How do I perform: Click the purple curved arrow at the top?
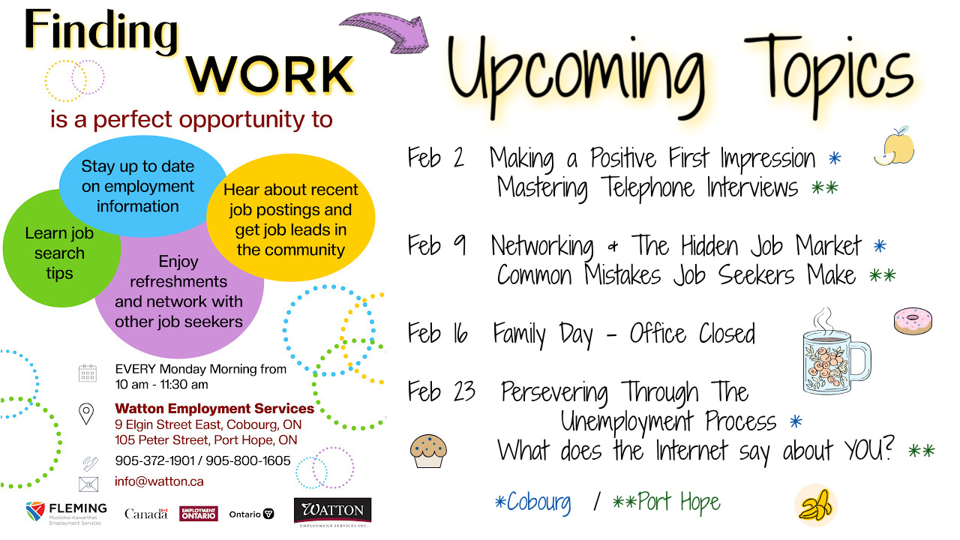[x=386, y=34]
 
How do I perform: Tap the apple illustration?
[x=895, y=146]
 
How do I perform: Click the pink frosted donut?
[x=913, y=322]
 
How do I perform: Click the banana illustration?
[x=815, y=503]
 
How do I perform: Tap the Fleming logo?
[x=67, y=513]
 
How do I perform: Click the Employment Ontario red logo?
[x=199, y=514]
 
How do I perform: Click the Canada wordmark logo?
[x=146, y=514]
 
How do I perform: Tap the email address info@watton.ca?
[x=159, y=481]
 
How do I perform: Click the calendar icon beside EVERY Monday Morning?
[x=88, y=373]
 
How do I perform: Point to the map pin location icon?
[x=87, y=413]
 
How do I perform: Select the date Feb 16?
[x=438, y=334]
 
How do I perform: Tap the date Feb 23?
[x=442, y=392]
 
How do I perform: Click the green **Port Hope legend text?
[x=666, y=502]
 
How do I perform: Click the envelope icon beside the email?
[x=88, y=483]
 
